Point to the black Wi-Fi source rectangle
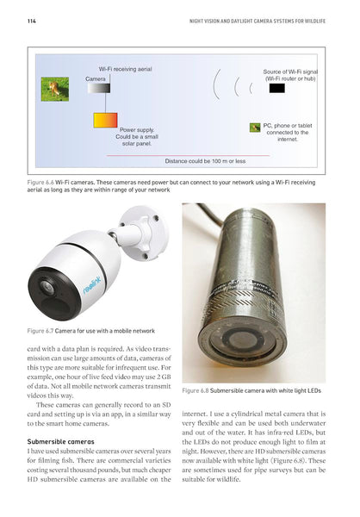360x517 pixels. click(276, 87)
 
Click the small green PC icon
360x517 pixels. click(255, 127)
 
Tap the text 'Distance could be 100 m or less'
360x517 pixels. click(205, 160)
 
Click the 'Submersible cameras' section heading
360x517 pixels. click(58, 442)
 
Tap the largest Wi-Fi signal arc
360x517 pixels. click(215, 87)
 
